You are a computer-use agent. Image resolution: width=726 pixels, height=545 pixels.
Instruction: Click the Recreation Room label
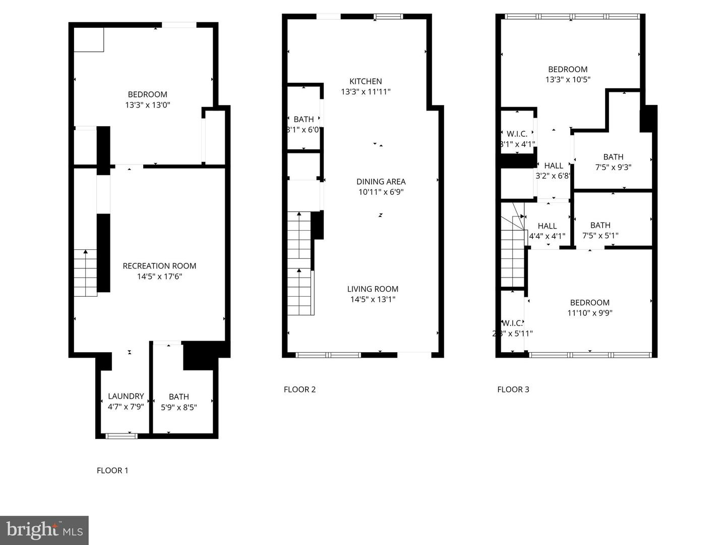(x=159, y=266)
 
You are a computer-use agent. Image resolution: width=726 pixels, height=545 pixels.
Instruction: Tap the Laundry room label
(x=126, y=396)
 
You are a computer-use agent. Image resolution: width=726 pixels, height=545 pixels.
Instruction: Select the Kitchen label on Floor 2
(x=366, y=81)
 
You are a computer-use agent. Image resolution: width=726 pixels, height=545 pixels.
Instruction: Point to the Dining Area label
(x=381, y=182)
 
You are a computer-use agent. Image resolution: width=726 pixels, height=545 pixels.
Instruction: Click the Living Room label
(x=373, y=289)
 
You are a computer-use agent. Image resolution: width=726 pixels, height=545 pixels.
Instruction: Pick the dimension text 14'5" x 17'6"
(x=159, y=277)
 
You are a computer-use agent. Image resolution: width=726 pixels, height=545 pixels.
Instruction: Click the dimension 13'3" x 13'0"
(x=147, y=105)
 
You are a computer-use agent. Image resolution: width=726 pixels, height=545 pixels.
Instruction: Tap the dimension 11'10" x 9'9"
(x=590, y=313)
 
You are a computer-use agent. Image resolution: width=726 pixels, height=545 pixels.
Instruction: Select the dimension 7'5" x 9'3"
(x=613, y=167)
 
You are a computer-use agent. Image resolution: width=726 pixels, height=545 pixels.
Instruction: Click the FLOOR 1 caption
(x=112, y=470)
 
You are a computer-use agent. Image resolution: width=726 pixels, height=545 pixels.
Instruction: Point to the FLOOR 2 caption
(x=299, y=389)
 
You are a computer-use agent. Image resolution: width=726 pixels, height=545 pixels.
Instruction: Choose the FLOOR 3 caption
(x=513, y=389)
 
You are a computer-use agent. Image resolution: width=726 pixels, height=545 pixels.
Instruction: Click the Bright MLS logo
(x=44, y=530)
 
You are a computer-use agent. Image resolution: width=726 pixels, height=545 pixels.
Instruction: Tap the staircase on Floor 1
(x=86, y=273)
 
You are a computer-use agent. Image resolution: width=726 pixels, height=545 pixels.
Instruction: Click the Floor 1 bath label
(x=179, y=397)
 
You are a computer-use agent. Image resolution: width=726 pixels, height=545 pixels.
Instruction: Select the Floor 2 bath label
(x=304, y=120)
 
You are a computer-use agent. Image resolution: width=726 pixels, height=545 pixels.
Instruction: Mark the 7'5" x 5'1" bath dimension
(x=600, y=236)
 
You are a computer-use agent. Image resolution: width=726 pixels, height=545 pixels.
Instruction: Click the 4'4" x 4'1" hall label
(x=547, y=226)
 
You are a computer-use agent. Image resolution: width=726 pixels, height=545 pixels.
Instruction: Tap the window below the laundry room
(x=121, y=435)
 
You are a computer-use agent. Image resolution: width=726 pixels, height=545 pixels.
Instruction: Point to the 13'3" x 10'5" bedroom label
(x=568, y=69)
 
